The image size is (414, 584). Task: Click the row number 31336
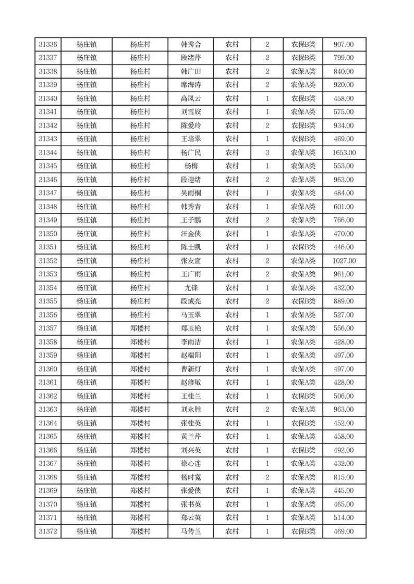pos(48,45)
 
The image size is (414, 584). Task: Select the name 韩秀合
pos(190,45)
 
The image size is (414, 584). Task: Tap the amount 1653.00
pos(344,153)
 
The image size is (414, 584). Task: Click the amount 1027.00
pos(344,261)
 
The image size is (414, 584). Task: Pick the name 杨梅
pos(190,166)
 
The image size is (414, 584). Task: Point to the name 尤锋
pos(190,288)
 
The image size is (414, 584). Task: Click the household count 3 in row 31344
pos(267,153)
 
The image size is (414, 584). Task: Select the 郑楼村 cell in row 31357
pos(140,328)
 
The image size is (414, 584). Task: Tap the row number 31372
pos(48,531)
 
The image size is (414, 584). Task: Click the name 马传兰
pos(190,531)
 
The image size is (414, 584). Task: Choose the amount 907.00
pos(344,45)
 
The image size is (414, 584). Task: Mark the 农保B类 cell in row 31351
pos(303,247)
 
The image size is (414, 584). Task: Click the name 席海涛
pos(190,85)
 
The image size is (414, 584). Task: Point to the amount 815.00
pos(344,477)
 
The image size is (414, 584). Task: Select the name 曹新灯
pos(190,369)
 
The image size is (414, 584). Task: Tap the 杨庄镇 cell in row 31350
pos(87,234)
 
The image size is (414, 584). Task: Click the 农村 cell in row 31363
pos(232,410)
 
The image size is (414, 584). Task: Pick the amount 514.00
pos(344,518)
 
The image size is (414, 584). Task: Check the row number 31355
pos(48,301)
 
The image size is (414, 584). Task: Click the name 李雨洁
pos(190,342)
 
